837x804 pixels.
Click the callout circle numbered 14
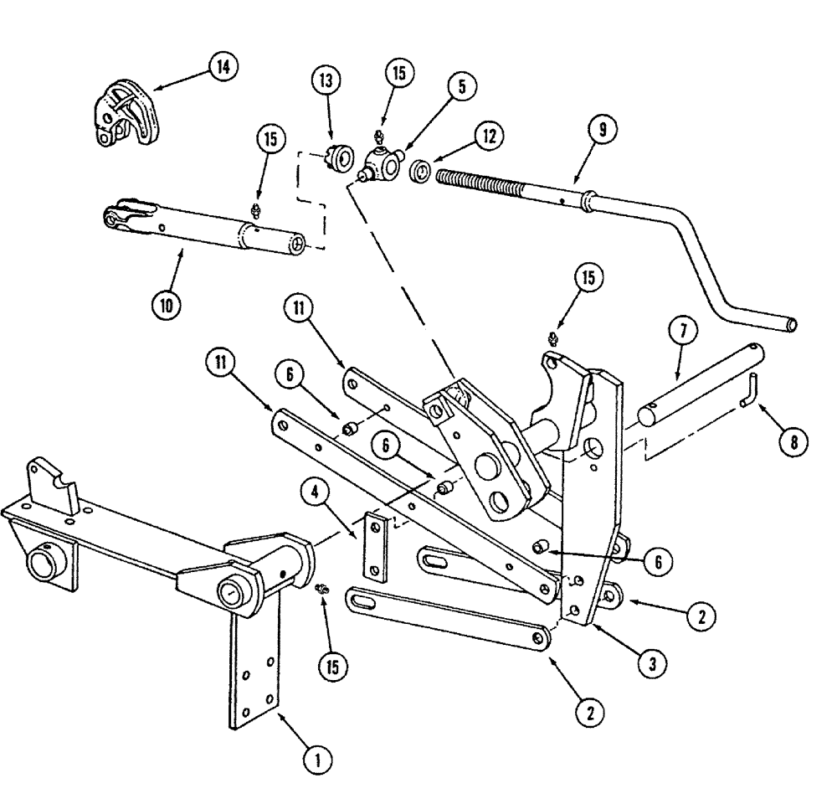click(x=222, y=67)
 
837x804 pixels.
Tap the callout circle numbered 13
click(x=326, y=83)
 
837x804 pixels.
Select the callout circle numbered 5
click(x=461, y=85)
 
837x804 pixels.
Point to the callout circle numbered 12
click(x=490, y=134)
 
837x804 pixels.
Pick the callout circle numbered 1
click(x=316, y=760)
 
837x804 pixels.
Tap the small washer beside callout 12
click(x=420, y=173)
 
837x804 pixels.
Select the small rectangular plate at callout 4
click(x=375, y=548)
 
